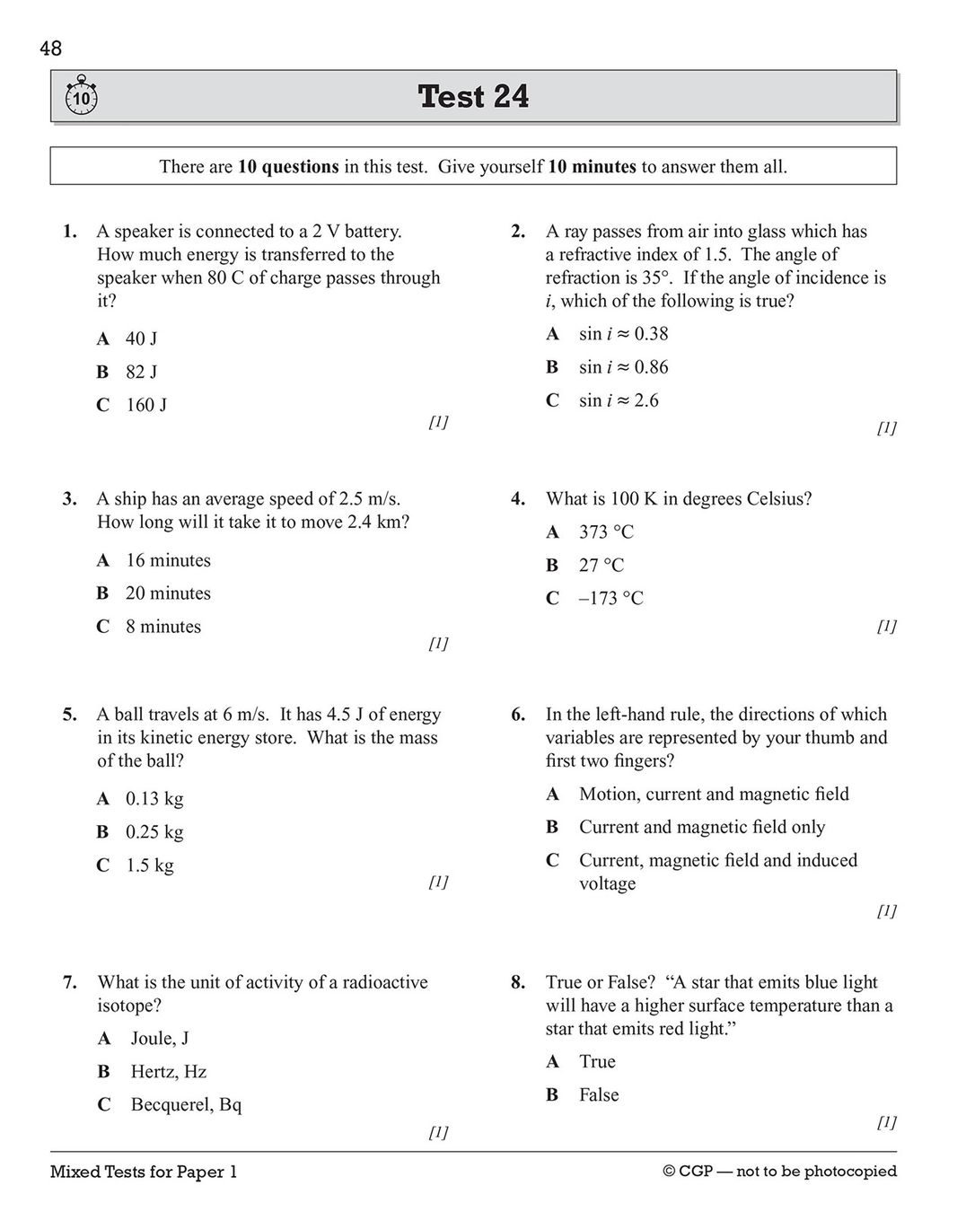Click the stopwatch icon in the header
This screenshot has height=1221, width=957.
pos(82,96)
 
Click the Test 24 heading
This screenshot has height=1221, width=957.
pos(473,96)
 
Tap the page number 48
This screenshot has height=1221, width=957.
pos(51,49)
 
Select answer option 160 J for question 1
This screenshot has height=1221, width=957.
pos(145,405)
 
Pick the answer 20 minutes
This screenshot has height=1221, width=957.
pos(168,593)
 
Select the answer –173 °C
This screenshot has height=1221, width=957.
pos(610,598)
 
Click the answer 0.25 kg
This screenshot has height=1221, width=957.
pos(154,832)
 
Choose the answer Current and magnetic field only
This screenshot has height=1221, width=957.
pos(701,827)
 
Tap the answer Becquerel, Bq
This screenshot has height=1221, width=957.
pos(186,1104)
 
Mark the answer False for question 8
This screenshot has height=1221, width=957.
pos(599,1094)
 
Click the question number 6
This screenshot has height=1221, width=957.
pos(518,715)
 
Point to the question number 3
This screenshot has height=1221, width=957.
pos(69,499)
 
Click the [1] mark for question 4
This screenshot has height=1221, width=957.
pos(885,627)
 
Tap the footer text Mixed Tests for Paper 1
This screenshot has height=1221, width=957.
pos(144,1172)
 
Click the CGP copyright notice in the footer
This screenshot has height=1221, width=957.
pos(779,1172)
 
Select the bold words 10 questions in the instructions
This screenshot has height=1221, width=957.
pos(288,167)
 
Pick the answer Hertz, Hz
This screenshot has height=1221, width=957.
pos(168,1071)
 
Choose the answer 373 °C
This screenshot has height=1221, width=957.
pos(606,532)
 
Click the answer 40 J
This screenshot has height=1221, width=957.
pos(141,338)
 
